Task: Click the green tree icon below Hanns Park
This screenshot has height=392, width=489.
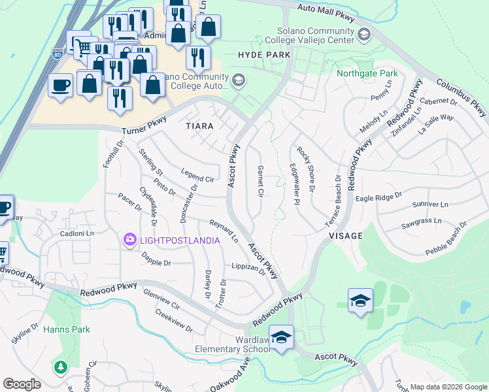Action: (61, 368)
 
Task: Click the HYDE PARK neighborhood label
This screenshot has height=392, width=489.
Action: (264, 56)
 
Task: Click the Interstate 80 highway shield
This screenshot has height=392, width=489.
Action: (57, 57)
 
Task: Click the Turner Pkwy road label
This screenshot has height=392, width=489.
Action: (139, 122)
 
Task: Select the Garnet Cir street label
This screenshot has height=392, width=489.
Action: (260, 181)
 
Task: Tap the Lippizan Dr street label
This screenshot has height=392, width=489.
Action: (249, 268)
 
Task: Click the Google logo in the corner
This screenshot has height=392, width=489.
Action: (22, 384)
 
